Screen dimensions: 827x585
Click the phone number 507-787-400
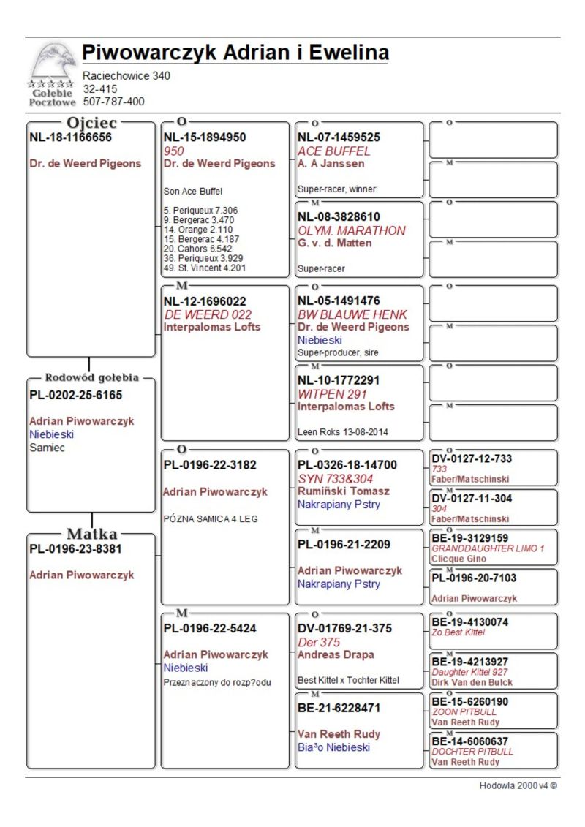[113, 102]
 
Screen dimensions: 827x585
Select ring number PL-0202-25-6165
[76, 395]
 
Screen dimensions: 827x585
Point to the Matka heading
[93, 534]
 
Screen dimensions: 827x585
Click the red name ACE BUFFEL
[334, 151]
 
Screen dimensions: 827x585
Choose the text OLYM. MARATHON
[351, 230]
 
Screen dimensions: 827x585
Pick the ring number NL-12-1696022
[205, 301]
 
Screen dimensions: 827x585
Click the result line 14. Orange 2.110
[192, 230]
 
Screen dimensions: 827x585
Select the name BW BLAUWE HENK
[352, 314]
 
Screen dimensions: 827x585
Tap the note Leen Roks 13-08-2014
[343, 432]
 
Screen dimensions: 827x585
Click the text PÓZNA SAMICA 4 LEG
[211, 519]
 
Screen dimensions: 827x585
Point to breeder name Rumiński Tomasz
[344, 491]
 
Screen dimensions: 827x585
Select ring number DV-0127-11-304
[472, 498]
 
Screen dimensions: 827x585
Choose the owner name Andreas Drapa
[336, 654]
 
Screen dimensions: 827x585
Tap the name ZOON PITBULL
[464, 711]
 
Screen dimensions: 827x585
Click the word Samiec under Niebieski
[47, 448]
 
